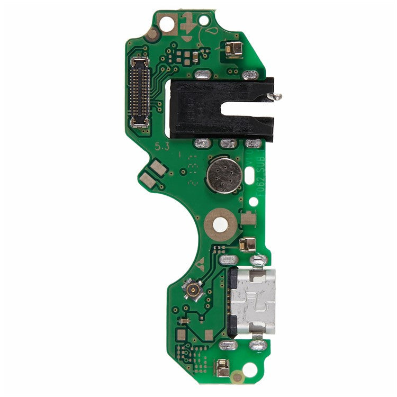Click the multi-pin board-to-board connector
[140, 92]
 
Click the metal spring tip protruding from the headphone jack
[275, 96]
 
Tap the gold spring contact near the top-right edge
[233, 49]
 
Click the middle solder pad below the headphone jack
[228, 143]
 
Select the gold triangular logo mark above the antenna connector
[201, 266]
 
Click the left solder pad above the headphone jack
[203, 75]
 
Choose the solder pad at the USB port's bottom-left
[227, 345]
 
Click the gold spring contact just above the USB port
[247, 244]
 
